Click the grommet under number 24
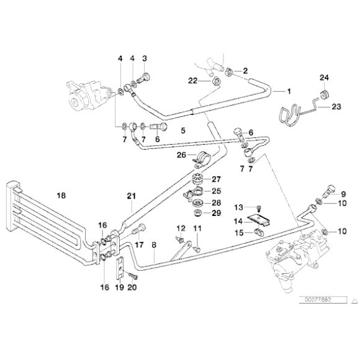click(322, 94)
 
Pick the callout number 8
click(153, 245)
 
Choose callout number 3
click(145, 58)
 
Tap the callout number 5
click(183, 131)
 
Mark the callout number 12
click(181, 229)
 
